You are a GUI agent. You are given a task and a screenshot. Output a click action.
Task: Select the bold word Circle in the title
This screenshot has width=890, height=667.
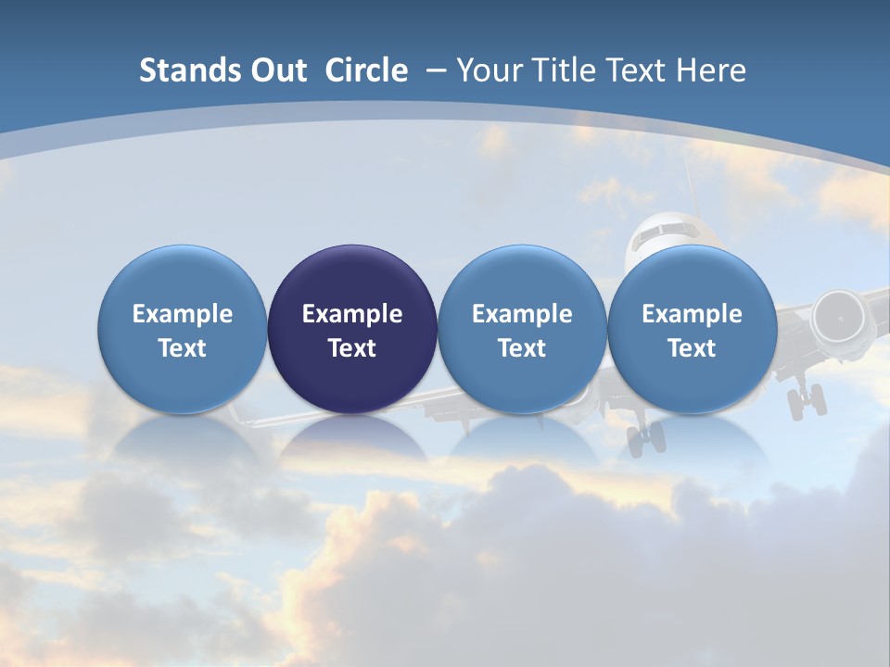[366, 70]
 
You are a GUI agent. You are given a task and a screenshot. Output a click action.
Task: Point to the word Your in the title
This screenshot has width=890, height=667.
[489, 70]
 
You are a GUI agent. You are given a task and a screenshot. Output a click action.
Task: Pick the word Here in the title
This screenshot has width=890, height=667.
[711, 70]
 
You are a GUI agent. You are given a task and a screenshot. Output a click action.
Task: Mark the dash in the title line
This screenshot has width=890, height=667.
[436, 71]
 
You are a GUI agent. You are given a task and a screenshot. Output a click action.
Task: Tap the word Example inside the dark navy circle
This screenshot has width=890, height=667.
[352, 314]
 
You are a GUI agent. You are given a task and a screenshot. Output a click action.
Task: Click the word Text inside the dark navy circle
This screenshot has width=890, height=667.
[352, 348]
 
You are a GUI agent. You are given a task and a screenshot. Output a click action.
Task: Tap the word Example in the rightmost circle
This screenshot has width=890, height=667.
[692, 314]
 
